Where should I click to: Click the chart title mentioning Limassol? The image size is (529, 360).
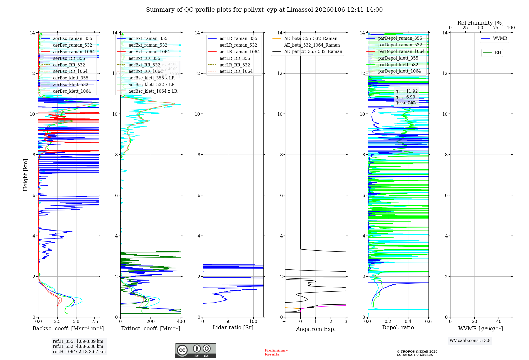pyautogui.click(x=264, y=10)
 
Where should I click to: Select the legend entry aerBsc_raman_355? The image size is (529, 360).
pyautogui.click(x=72, y=39)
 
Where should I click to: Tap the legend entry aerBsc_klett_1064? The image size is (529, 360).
pyautogui.click(x=72, y=91)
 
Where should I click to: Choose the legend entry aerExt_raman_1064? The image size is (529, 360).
pyautogui.click(x=149, y=52)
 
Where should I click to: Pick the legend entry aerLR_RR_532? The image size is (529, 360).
pyautogui.click(x=235, y=65)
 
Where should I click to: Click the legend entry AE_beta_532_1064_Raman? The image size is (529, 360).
pyautogui.click(x=312, y=45)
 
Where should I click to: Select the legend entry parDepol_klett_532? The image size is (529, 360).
pyautogui.click(x=398, y=65)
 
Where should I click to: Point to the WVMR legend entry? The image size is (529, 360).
pyautogui.click(x=500, y=38)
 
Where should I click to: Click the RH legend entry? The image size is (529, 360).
pyautogui.click(x=498, y=53)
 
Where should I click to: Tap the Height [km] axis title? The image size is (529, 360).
pyautogui.click(x=25, y=175)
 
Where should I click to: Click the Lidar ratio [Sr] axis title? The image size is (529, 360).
pyautogui.click(x=233, y=328)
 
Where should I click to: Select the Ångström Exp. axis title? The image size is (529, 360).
pyautogui.click(x=316, y=329)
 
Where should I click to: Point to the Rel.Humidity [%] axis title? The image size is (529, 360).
pyautogui.click(x=480, y=23)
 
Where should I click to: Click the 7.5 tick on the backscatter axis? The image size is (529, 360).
pyautogui.click(x=95, y=322)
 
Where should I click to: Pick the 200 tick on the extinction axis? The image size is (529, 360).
pyautogui.click(x=151, y=322)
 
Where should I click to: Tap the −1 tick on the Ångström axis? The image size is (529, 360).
pyautogui.click(x=285, y=322)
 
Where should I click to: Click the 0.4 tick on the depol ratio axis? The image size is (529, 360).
pyautogui.click(x=408, y=322)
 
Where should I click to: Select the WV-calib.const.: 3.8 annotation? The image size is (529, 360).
pyautogui.click(x=470, y=341)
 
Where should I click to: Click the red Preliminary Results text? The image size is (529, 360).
pyautogui.click(x=276, y=352)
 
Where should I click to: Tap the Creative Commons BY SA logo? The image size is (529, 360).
pyautogui.click(x=195, y=351)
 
